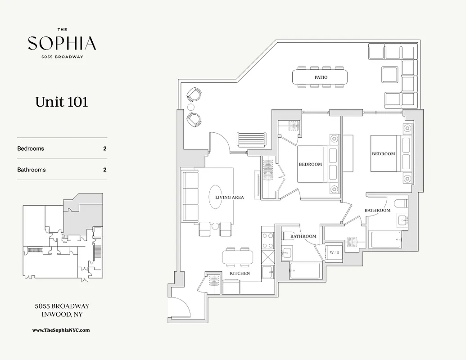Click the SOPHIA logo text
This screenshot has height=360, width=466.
click(62, 43)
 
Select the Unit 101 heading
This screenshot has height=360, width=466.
click(62, 102)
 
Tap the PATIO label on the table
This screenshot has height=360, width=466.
click(321, 77)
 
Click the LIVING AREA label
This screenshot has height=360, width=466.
click(230, 197)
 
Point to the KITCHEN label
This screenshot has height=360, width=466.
click(240, 273)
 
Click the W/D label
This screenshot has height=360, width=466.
click(335, 252)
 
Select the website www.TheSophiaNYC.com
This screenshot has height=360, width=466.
click(61, 330)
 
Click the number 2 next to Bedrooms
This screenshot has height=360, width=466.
click(105, 148)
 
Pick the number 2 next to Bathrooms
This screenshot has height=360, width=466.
click(105, 170)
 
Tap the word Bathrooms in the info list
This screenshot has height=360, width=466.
click(32, 170)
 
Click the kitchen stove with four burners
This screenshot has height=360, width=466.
click(267, 240)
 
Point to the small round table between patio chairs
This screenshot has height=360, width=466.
click(191, 107)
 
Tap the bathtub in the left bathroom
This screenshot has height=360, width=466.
click(304, 271)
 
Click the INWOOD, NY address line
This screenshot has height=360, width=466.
click(62, 315)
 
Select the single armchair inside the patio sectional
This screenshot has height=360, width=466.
click(390, 74)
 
